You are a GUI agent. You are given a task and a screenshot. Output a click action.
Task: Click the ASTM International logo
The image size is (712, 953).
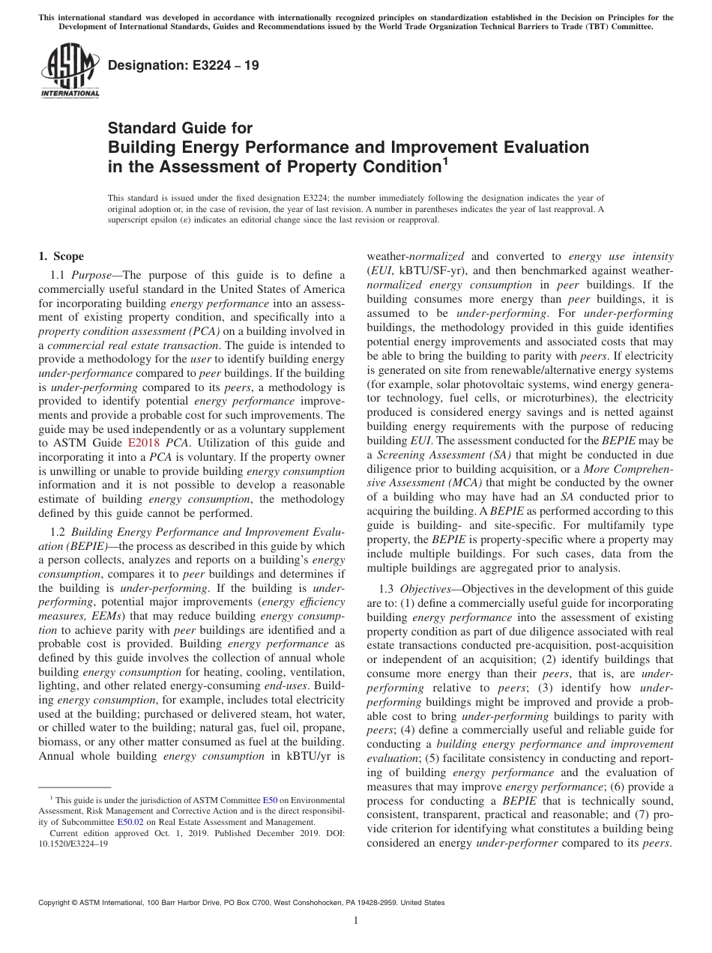(69, 70)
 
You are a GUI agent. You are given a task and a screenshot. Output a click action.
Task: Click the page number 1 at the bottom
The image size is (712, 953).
(356, 921)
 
